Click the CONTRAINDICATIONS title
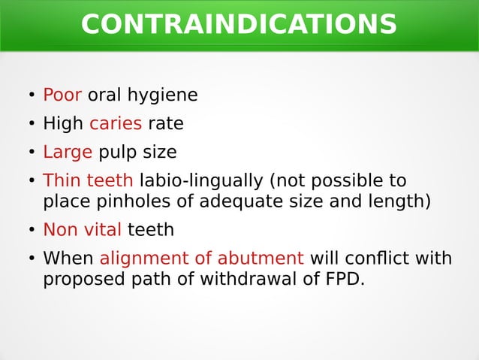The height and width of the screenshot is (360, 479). (x=239, y=24)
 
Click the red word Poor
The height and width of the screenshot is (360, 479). (x=62, y=95)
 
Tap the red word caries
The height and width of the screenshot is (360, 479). (x=116, y=123)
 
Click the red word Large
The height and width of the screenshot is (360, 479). (x=68, y=153)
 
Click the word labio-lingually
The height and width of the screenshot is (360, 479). (x=201, y=181)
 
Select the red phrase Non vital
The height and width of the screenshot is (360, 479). (x=82, y=230)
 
